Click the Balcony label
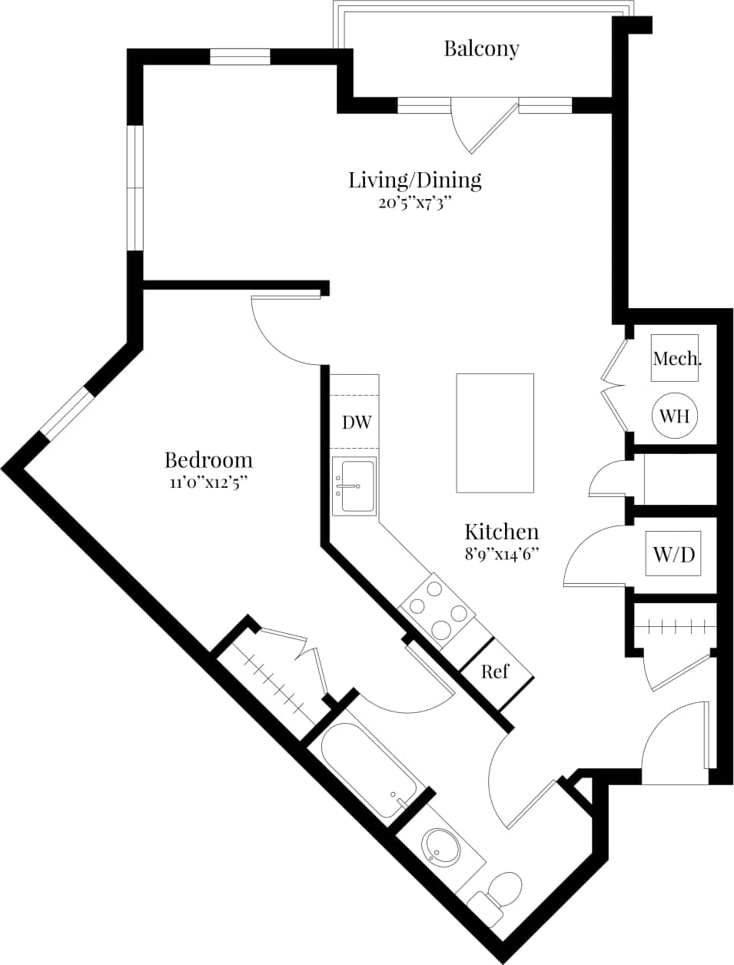[482, 48]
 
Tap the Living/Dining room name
[415, 180]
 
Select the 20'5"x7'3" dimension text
[414, 203]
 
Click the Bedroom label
[208, 460]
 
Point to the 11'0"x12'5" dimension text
[208, 482]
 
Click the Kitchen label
[501, 531]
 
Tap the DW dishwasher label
[357, 422]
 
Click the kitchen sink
[354, 486]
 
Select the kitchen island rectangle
[495, 433]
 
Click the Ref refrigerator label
[495, 672]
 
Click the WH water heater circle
[675, 416]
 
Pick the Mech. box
[676, 358]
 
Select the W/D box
[673, 553]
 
